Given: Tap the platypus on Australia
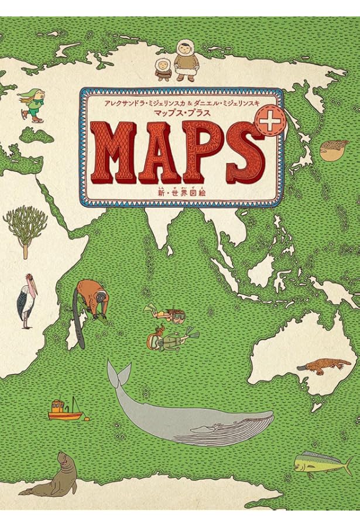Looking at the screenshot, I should point(323,364).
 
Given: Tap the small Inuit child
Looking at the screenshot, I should point(162,70).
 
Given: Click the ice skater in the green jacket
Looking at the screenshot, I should point(33,105).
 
